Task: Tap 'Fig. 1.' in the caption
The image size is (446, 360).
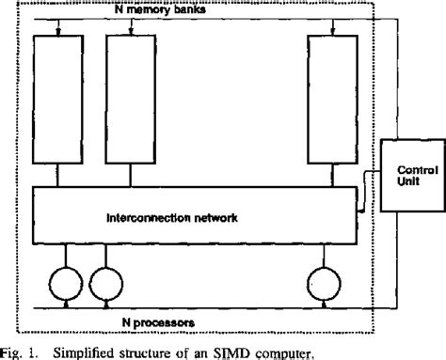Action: [20, 352]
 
